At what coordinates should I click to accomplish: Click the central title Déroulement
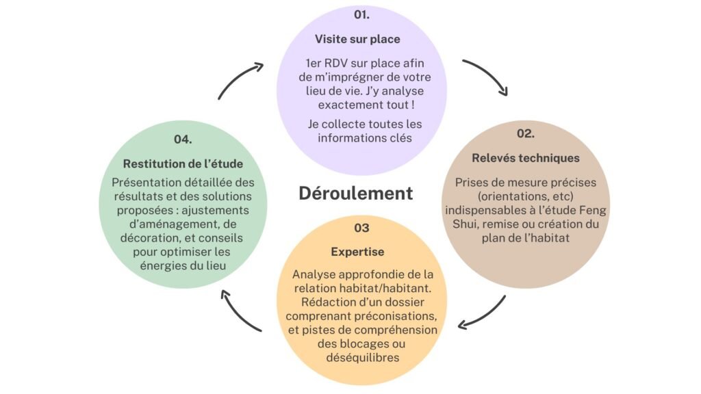[356, 194]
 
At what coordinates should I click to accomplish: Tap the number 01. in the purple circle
[361, 15]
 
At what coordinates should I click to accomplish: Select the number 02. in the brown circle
[526, 133]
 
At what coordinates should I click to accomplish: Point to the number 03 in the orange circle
[361, 228]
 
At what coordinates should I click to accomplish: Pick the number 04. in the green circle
[183, 140]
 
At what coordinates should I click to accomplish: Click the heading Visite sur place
[357, 39]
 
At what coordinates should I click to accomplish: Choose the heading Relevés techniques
[526, 158]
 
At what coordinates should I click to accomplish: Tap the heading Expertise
[357, 252]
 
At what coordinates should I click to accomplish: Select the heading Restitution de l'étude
[183, 164]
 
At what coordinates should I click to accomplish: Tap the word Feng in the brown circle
[593, 211]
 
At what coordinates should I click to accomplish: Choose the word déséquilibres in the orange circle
[363, 358]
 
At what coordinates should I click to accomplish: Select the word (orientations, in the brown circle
[509, 196]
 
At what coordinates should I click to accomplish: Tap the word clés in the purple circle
[401, 138]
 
